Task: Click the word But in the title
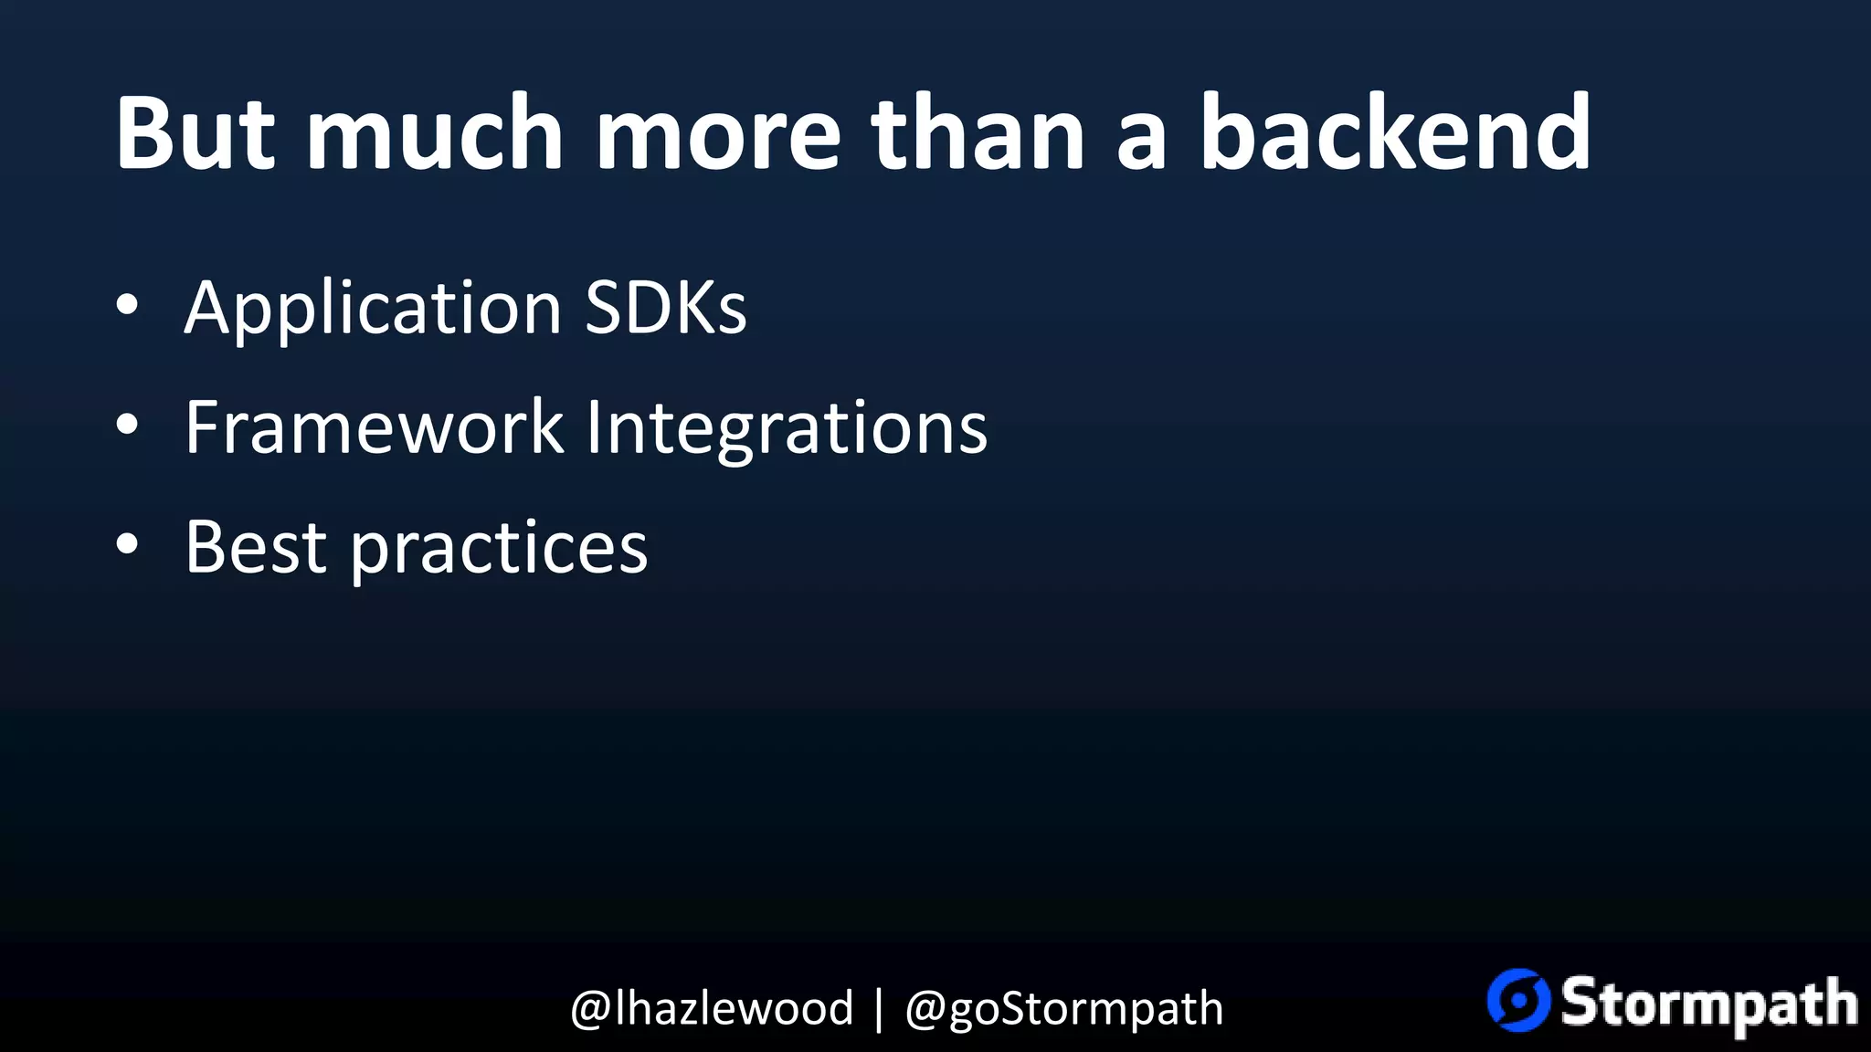point(195,133)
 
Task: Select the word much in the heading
point(435,133)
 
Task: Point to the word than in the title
point(978,133)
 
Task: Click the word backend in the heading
point(1395,133)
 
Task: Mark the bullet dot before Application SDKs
point(128,305)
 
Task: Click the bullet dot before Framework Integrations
point(128,425)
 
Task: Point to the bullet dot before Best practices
point(128,544)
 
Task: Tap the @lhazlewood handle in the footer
point(712,1009)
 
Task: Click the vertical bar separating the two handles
point(879,1009)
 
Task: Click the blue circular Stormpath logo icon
point(1518,1000)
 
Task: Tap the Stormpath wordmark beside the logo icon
point(1708,1004)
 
